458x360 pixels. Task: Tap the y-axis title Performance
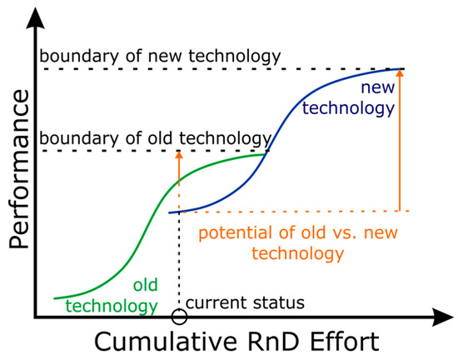[x=19, y=169]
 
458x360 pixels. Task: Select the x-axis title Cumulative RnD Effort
[x=236, y=342]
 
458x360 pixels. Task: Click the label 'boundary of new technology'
[x=160, y=56]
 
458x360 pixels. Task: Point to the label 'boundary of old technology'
[x=156, y=138]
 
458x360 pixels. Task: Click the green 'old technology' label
[x=112, y=296]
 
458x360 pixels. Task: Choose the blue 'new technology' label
[x=349, y=97]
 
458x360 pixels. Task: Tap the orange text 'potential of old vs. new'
[x=298, y=232]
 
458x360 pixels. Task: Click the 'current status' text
[x=245, y=302]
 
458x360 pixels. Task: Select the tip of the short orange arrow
[x=179, y=151]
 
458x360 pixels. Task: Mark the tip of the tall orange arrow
[x=400, y=69]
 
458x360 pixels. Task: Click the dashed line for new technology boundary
[x=223, y=69]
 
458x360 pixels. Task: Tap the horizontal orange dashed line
[x=295, y=212]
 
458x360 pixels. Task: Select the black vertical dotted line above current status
[x=179, y=260]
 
